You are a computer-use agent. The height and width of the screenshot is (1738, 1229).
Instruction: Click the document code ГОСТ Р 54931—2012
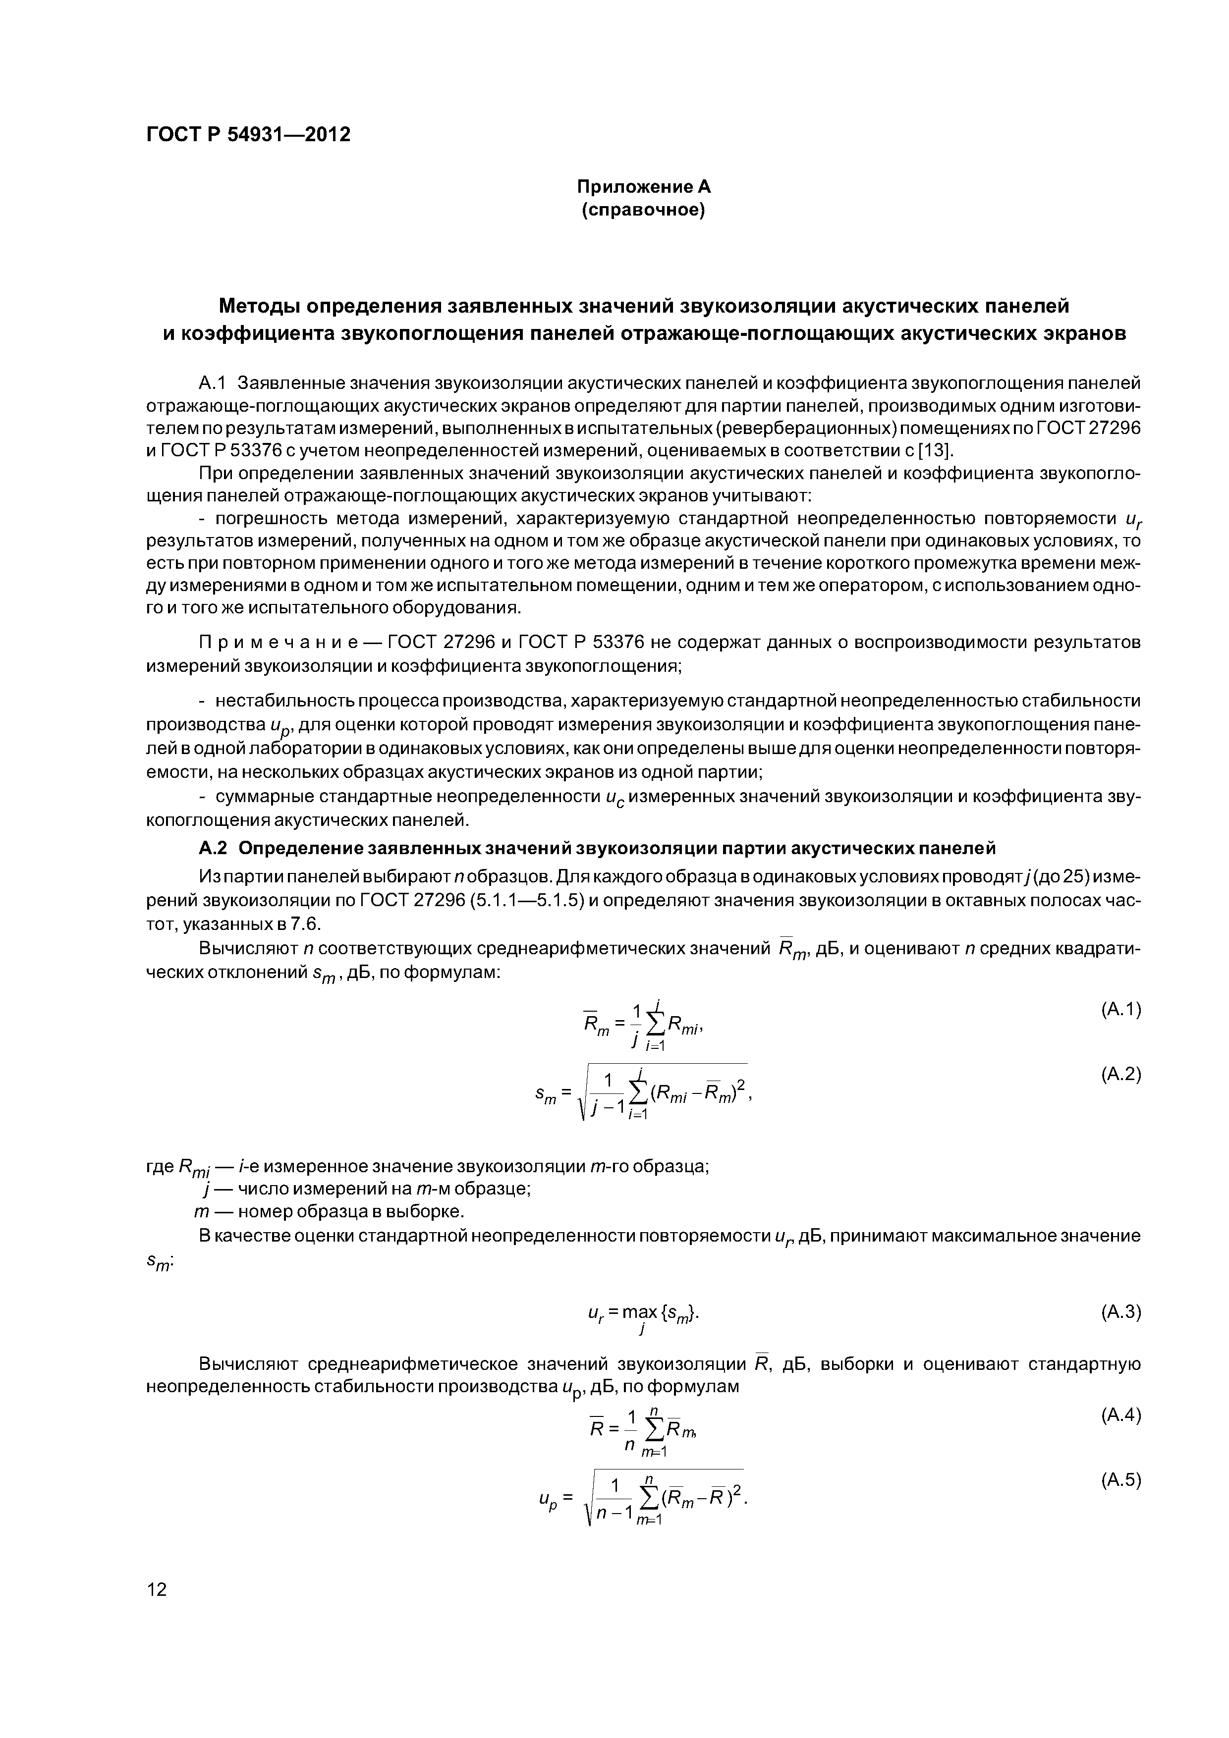[x=248, y=135]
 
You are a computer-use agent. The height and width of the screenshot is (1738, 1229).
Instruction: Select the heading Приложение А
[x=644, y=186]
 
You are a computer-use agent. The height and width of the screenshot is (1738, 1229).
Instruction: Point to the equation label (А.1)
[x=1120, y=1009]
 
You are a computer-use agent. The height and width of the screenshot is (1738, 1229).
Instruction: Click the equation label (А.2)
[x=1120, y=1074]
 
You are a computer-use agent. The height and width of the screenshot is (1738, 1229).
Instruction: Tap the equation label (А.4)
[x=1120, y=1415]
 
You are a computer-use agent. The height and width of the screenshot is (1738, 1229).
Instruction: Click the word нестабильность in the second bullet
[x=283, y=701]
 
